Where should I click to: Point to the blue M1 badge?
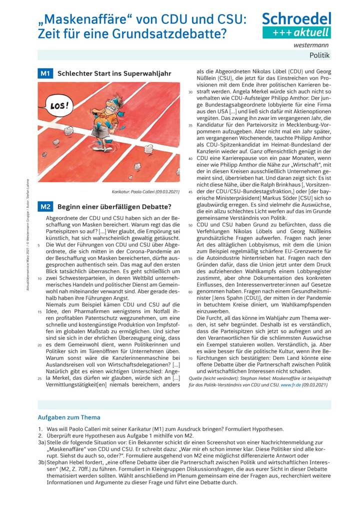pos(45,74)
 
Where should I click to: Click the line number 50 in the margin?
pos(190,211)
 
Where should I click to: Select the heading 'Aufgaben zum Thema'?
pos(69,417)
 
